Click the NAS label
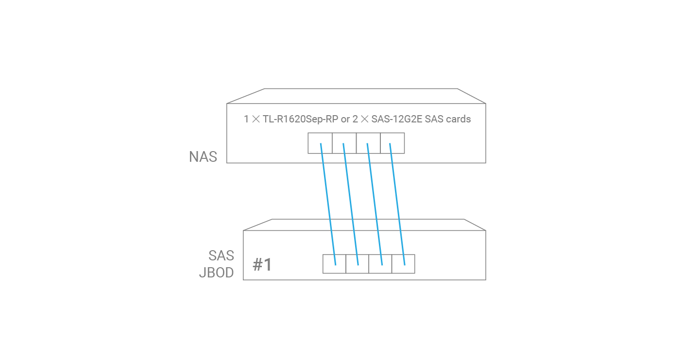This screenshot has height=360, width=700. [x=203, y=157]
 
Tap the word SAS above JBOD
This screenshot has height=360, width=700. [x=222, y=256]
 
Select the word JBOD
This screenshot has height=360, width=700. [x=217, y=273]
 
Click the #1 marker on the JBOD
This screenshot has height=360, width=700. [x=262, y=265]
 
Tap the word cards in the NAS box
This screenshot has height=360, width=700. [x=459, y=119]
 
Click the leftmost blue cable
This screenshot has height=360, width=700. [x=328, y=204]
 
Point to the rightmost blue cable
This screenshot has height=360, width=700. [x=397, y=204]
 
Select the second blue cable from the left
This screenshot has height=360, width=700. [x=351, y=204]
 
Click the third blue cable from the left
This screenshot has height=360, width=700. [x=375, y=204]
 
